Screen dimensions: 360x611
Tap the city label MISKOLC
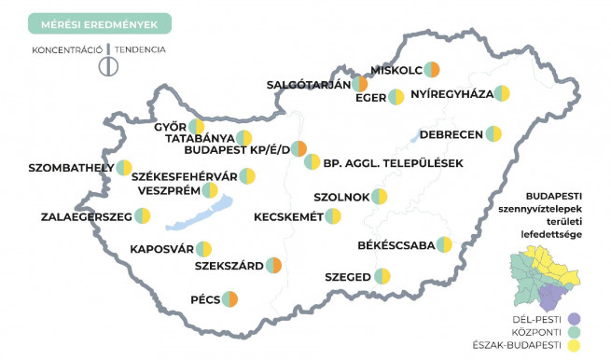tap(396, 70)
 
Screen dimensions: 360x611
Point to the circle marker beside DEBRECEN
tap(494, 135)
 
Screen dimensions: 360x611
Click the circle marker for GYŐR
tap(196, 127)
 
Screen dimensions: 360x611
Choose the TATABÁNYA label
tap(200, 138)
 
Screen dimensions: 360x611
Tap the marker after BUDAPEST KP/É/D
tap(299, 149)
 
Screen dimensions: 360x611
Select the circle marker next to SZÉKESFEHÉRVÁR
tap(247, 175)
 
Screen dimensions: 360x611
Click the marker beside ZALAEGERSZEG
tap(142, 216)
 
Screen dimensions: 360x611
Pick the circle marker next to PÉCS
tap(229, 298)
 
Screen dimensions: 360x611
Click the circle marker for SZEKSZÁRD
tap(273, 266)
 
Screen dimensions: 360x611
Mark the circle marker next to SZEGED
tap(382, 275)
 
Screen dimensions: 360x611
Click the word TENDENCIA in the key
tap(141, 48)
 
